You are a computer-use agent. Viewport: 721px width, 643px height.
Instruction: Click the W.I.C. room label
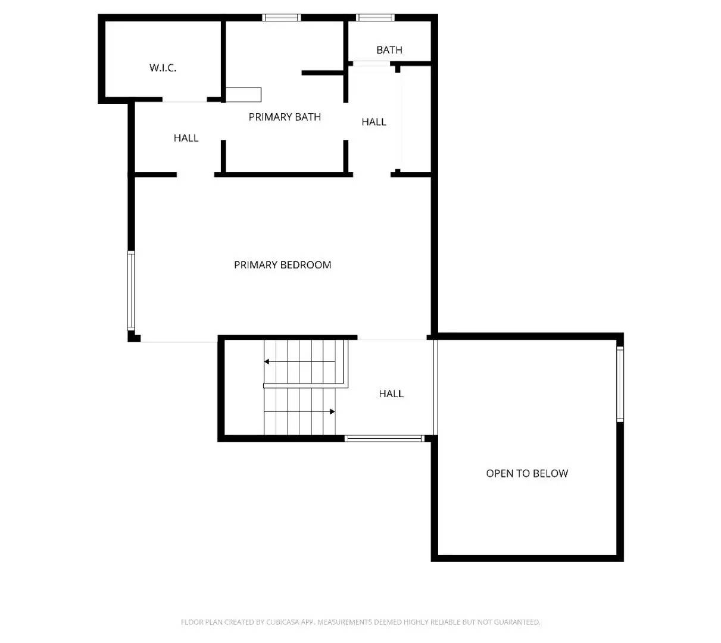click(x=163, y=68)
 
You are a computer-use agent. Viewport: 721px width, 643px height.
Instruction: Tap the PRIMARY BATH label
click(x=285, y=117)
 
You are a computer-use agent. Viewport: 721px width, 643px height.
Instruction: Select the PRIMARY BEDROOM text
click(x=282, y=265)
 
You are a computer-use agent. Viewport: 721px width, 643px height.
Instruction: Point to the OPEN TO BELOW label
click(x=527, y=473)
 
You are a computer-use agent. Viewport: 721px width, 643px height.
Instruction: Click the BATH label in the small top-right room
click(x=389, y=50)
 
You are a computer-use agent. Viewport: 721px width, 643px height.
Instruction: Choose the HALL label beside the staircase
click(x=391, y=394)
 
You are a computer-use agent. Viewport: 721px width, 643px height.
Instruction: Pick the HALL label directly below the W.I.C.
click(x=186, y=138)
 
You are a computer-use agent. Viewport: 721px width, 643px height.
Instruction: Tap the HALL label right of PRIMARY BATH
click(x=374, y=122)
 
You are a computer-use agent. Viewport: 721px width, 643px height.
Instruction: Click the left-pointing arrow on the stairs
click(x=267, y=361)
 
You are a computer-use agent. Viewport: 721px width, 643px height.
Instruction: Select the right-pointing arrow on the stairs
click(x=332, y=411)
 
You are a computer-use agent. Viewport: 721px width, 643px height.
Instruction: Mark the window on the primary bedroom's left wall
click(x=131, y=291)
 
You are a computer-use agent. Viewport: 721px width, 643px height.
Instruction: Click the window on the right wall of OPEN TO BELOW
click(x=620, y=384)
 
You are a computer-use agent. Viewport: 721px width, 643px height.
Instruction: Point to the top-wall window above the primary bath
click(x=282, y=18)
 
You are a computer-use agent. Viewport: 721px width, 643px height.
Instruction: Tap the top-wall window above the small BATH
click(x=375, y=18)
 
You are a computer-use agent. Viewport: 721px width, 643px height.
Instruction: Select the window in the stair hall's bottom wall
click(x=384, y=439)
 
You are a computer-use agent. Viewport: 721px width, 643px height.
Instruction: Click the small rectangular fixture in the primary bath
click(x=244, y=94)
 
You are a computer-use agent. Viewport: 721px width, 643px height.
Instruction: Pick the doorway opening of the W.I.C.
click(x=185, y=100)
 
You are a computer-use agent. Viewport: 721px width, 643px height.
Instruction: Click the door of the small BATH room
click(x=372, y=64)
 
